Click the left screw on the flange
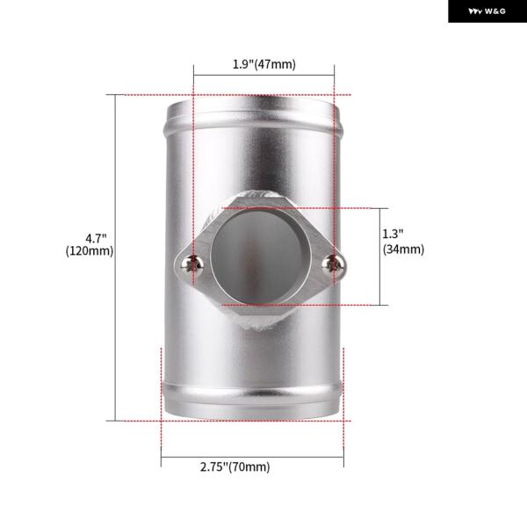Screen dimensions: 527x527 pyautogui.click(x=191, y=263)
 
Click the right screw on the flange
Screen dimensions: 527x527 pyautogui.click(x=333, y=263)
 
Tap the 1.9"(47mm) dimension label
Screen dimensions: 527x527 pyautogui.click(x=264, y=64)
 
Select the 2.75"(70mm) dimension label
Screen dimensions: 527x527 pyautogui.click(x=235, y=467)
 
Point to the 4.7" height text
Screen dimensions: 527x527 pyautogui.click(x=96, y=238)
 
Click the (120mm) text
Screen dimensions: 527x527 pyautogui.click(x=90, y=251)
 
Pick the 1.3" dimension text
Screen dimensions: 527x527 pyautogui.click(x=393, y=234)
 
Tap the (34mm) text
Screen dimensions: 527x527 pyautogui.click(x=403, y=249)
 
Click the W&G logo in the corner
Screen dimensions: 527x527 pyautogui.click(x=487, y=11)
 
